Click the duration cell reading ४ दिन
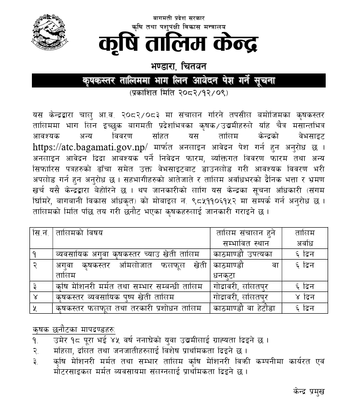coord(305,296)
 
